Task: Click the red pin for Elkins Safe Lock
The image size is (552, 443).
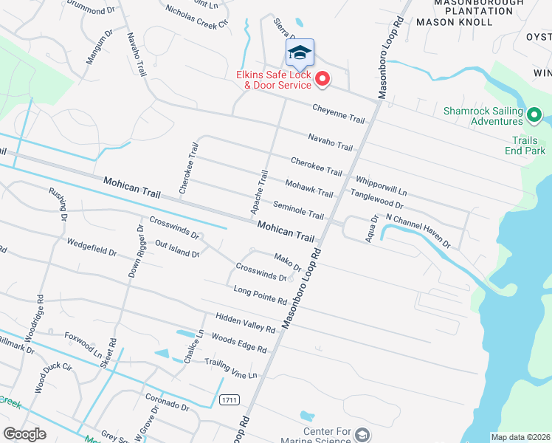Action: click(x=322, y=78)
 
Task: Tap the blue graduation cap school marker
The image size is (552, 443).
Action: click(x=300, y=52)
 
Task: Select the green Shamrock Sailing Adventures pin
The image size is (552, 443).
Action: click(x=535, y=114)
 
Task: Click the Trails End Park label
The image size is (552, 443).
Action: click(x=529, y=145)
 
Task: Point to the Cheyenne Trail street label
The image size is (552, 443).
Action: click(x=339, y=113)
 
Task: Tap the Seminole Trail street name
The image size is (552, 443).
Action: click(x=298, y=210)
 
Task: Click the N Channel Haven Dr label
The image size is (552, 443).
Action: click(x=418, y=231)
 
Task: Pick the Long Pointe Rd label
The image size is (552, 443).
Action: click(x=259, y=295)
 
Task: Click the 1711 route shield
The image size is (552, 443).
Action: click(x=229, y=399)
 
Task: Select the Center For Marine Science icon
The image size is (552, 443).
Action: click(x=362, y=433)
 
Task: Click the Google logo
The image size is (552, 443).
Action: click(x=25, y=434)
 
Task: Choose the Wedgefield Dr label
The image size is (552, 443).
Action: click(x=92, y=247)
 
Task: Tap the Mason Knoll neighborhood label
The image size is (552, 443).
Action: click(x=454, y=22)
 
